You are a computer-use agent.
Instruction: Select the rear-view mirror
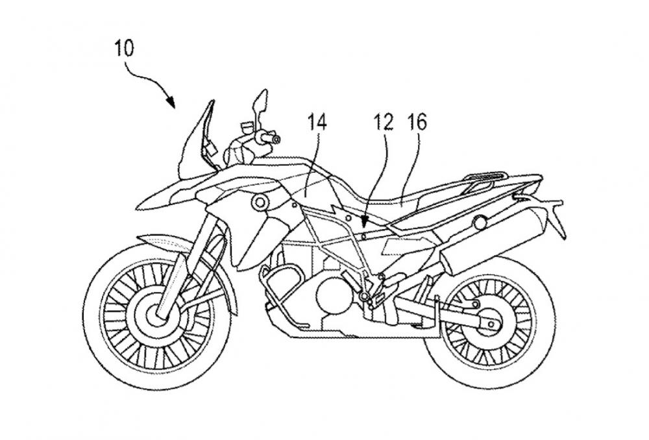(x=257, y=103)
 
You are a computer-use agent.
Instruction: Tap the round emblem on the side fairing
(x=260, y=202)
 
